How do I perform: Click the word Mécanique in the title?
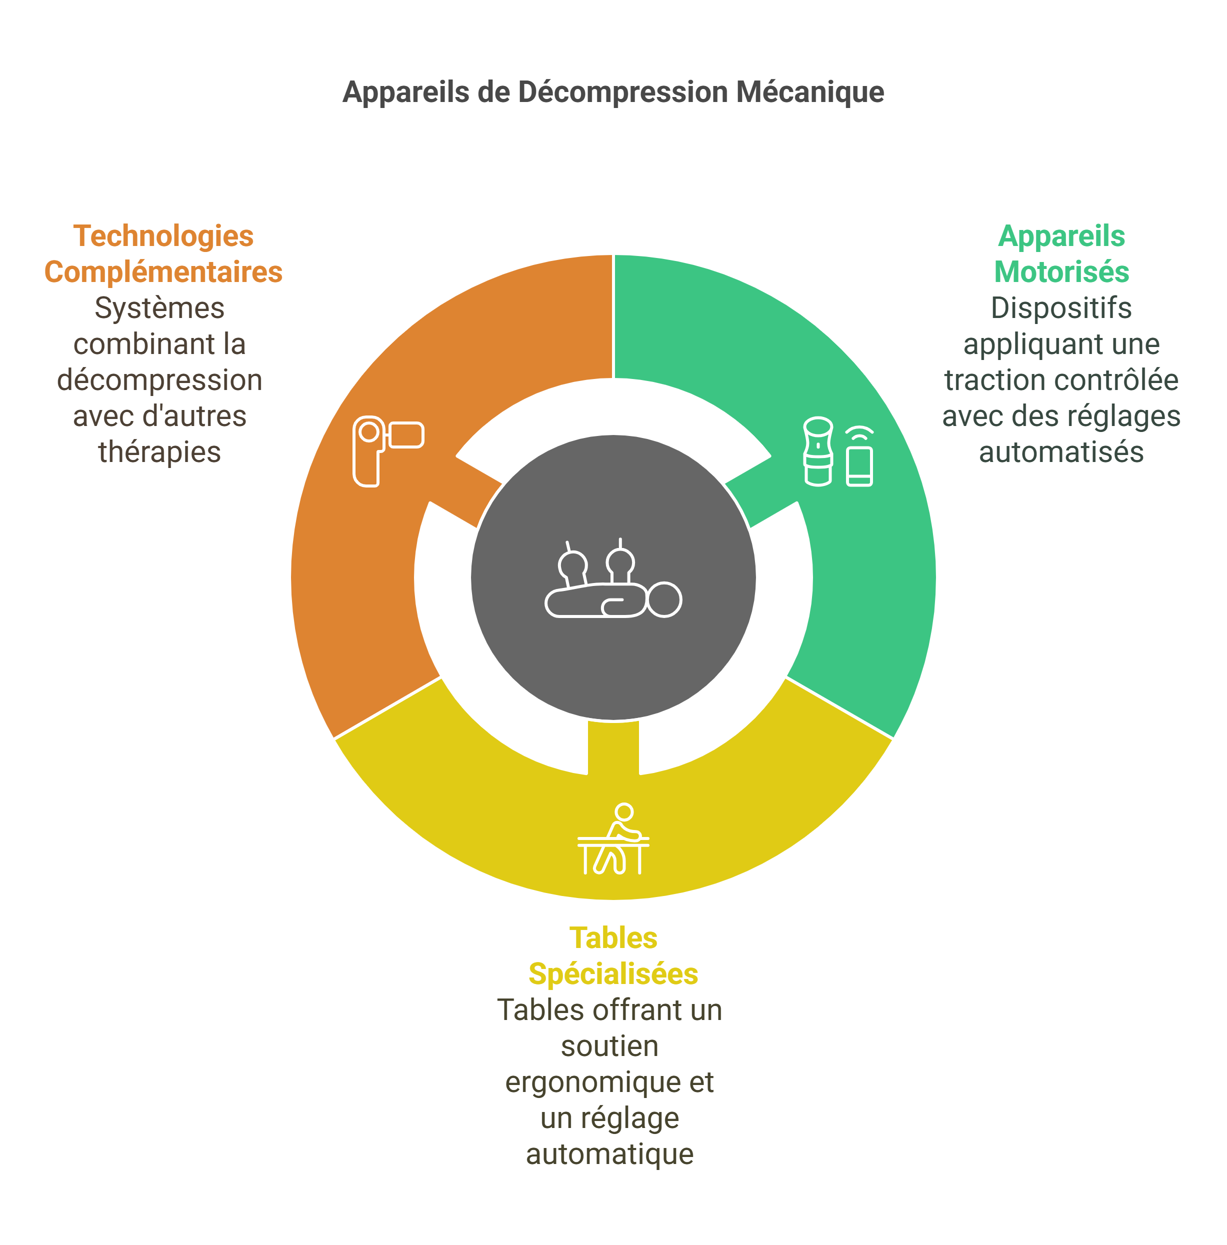(810, 92)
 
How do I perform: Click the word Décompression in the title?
(622, 92)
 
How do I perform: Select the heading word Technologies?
(163, 236)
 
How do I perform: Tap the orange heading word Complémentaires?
(163, 272)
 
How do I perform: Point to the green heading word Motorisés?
(1061, 272)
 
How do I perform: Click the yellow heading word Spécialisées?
(613, 973)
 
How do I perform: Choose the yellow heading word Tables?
(613, 937)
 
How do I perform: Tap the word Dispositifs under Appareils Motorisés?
(1061, 308)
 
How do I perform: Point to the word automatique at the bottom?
(609, 1154)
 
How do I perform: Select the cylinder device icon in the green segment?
(818, 451)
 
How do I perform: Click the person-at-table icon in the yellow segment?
(613, 839)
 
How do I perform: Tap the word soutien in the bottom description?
(609, 1046)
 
